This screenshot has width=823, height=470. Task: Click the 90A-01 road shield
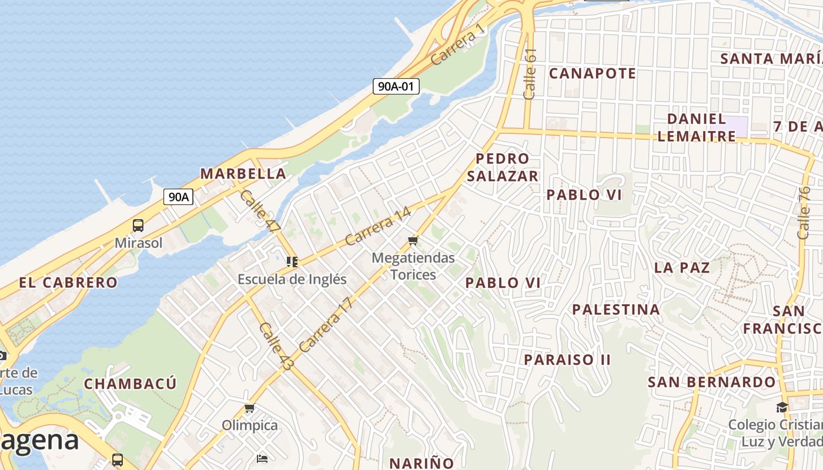[396, 86]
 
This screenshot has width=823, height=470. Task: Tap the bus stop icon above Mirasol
[138, 225]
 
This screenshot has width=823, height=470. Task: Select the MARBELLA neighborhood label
[243, 174]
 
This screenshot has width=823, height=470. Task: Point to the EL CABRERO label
[68, 283]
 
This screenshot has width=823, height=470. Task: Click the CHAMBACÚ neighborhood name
[130, 384]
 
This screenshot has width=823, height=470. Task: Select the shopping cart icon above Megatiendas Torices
[413, 240]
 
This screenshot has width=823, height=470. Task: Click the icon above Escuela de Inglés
[292, 261]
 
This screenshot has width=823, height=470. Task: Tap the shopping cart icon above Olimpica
[249, 408]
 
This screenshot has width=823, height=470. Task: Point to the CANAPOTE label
[593, 73]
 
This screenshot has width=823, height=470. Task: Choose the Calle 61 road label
[530, 73]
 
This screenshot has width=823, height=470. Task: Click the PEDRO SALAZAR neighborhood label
[503, 167]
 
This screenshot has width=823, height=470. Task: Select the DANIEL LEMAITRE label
[697, 127]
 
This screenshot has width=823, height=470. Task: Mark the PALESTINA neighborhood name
[616, 310]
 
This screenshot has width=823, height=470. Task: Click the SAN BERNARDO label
[711, 382]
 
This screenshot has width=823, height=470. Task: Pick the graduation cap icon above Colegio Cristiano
[782, 407]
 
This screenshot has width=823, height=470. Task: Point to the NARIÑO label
[421, 463]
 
